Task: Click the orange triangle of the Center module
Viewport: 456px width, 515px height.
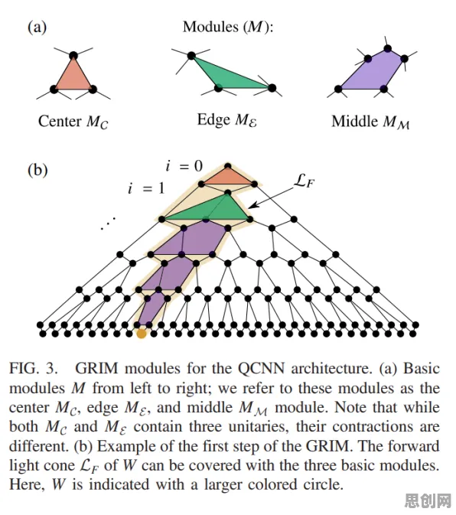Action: [x=73, y=77]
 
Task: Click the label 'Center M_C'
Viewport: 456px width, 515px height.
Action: [x=73, y=122]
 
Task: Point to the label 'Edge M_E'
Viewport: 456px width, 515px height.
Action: [x=226, y=120]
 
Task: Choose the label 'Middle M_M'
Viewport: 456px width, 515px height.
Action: [x=370, y=122]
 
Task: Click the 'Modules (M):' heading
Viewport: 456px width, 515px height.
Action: [x=228, y=27]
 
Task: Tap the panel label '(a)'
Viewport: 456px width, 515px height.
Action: [x=37, y=27]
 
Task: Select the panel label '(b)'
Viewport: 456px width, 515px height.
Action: [x=37, y=170]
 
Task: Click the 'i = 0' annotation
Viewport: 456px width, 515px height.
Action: [x=184, y=166]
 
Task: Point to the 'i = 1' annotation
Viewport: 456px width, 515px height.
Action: [x=146, y=188]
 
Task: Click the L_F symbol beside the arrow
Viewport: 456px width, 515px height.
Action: [x=304, y=181]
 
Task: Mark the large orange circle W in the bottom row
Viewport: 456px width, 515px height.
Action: [x=142, y=334]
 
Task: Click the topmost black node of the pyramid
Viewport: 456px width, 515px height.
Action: [x=227, y=166]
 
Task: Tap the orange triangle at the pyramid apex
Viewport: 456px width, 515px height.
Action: [x=227, y=177]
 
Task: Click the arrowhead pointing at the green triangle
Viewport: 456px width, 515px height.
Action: [x=251, y=206]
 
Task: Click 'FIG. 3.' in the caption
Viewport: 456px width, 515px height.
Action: [x=34, y=369]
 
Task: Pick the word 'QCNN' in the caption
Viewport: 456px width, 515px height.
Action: [x=262, y=369]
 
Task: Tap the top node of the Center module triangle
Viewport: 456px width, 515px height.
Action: [x=73, y=56]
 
